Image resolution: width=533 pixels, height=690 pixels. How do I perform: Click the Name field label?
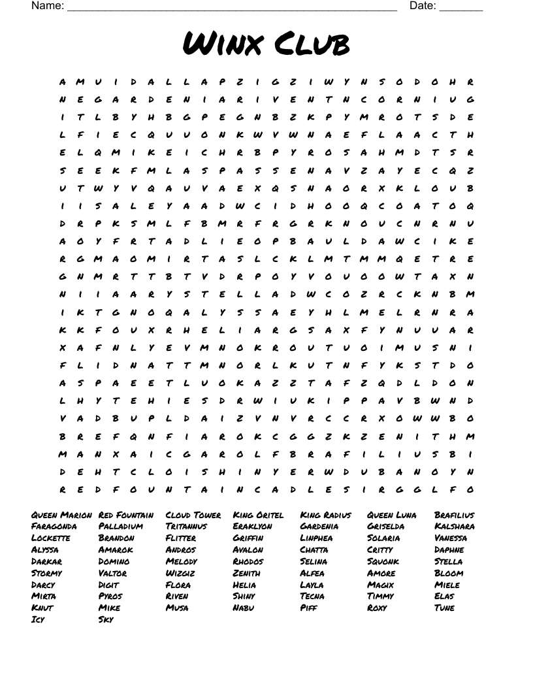click(47, 6)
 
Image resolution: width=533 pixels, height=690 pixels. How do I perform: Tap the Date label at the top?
click(422, 6)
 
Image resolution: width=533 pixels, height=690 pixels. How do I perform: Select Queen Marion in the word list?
click(61, 515)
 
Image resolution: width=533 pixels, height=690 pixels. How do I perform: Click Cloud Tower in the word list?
click(193, 515)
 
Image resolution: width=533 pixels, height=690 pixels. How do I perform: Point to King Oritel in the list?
click(258, 515)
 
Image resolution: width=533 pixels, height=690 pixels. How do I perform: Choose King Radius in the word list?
click(325, 515)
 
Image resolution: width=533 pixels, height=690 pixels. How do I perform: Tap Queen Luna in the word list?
click(392, 515)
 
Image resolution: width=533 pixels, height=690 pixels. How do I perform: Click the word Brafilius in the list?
click(455, 515)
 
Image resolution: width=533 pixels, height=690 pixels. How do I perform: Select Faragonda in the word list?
click(54, 527)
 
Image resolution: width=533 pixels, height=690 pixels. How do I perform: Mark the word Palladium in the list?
click(121, 527)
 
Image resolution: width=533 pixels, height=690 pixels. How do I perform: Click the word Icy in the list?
click(38, 619)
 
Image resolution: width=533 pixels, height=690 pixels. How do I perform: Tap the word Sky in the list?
click(106, 619)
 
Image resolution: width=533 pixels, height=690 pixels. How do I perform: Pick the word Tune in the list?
click(444, 608)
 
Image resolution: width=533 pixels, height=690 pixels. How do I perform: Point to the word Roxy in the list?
click(377, 608)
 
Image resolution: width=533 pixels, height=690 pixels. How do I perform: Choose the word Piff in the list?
click(308, 608)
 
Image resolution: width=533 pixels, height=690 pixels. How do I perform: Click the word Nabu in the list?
click(243, 608)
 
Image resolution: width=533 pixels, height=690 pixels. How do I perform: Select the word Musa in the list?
click(177, 608)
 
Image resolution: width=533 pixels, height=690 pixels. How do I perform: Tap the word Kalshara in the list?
click(455, 527)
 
